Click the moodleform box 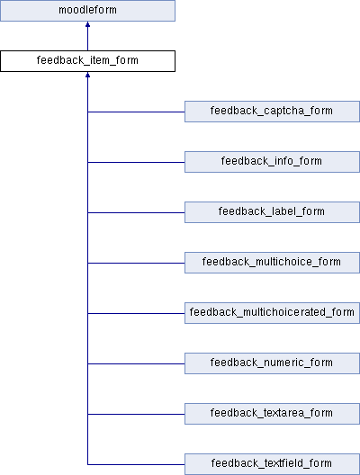[87, 11]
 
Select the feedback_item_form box [87, 61]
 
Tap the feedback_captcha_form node [272, 112]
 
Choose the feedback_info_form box [272, 162]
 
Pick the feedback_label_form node [272, 212]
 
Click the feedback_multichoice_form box [272, 263]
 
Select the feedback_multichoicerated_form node [272, 313]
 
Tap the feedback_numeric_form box [272, 363]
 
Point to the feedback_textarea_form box [272, 414]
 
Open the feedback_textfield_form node [272, 464]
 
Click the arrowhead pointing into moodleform [87, 24]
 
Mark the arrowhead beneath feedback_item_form [87, 75]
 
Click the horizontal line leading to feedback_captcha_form [136, 112]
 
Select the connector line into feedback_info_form [136, 162]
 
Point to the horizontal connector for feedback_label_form [136, 212]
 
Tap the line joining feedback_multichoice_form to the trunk [136, 263]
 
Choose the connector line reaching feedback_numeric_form [136, 363]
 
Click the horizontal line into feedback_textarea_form [136, 414]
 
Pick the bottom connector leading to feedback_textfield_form [136, 464]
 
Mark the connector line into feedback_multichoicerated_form [136, 313]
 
